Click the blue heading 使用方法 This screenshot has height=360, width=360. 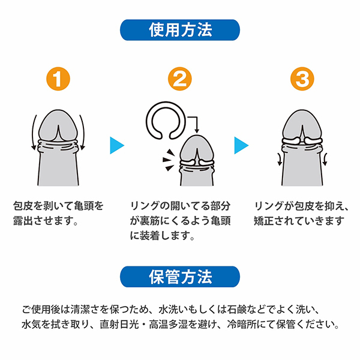pyautogui.click(x=180, y=29)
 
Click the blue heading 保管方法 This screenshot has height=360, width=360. pyautogui.click(x=180, y=277)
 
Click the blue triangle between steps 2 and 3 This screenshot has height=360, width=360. pyautogui.click(x=241, y=144)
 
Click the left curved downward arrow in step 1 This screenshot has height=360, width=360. pyautogui.click(x=32, y=136)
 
